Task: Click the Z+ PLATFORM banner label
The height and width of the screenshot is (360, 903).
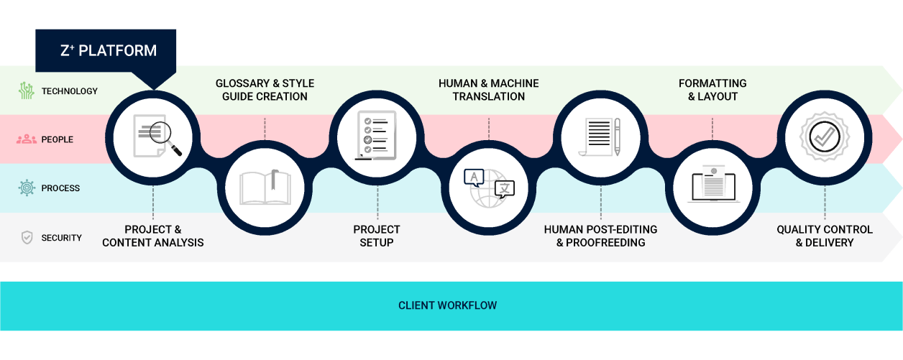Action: point(109,51)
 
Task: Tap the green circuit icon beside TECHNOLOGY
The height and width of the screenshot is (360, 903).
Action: point(27,91)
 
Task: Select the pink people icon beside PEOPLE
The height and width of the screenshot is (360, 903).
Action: point(27,139)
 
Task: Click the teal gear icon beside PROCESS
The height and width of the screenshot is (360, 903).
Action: point(27,188)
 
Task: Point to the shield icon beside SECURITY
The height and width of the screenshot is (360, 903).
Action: point(27,238)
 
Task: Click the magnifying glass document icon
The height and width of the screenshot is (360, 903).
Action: point(157,136)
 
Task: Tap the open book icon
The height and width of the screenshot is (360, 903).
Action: point(265,188)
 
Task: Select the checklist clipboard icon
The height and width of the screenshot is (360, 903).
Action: point(376,135)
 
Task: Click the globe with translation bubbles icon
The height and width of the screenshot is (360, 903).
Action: point(489,188)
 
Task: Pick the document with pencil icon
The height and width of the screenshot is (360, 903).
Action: point(600,137)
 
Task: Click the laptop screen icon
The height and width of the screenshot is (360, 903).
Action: point(713,184)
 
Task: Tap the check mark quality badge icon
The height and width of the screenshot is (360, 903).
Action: point(825,137)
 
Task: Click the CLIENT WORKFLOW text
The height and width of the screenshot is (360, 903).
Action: point(447,305)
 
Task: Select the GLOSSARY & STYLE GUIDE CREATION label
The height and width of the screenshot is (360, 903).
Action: point(265,90)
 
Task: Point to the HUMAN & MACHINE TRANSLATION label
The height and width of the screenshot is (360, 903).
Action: point(489,90)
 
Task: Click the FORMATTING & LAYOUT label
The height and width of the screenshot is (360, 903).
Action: point(712,90)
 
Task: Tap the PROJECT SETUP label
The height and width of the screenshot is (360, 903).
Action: point(377,236)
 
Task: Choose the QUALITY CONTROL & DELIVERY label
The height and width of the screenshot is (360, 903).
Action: point(825,236)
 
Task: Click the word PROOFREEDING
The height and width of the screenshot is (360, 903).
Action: point(605,243)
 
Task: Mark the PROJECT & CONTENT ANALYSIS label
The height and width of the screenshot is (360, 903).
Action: point(153,236)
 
